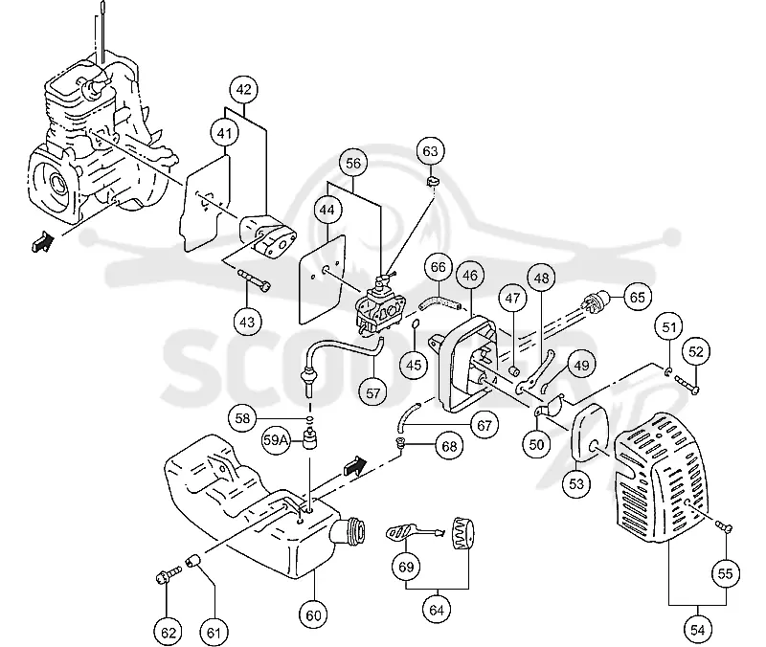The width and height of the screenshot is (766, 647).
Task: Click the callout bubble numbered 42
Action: point(243,90)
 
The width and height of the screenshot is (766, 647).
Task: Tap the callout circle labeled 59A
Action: point(277,440)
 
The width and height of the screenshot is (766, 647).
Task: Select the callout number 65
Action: point(638,297)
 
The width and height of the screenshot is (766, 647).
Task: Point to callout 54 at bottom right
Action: point(698,630)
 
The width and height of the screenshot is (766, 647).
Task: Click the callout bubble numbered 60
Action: point(313,615)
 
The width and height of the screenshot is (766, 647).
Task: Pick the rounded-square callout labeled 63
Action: point(430,151)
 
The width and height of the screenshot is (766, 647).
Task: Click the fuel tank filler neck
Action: point(350,531)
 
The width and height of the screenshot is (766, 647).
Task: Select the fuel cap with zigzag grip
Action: point(462,533)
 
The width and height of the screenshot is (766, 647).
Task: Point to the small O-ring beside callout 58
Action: point(308,419)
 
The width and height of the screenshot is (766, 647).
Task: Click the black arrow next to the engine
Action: point(41,241)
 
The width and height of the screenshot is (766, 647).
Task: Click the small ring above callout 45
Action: point(416,323)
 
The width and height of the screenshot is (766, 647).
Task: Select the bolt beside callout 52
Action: point(687,384)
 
